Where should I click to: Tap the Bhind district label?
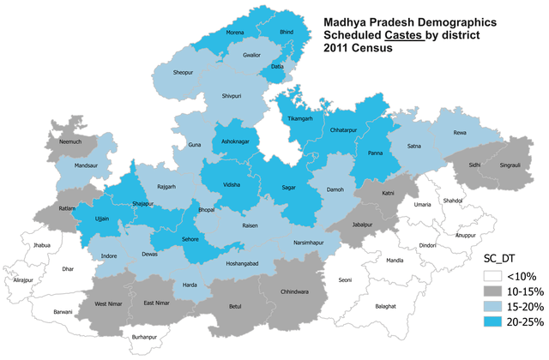[x=288, y=30]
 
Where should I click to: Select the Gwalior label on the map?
[x=250, y=54]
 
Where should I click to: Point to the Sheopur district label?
[x=184, y=73]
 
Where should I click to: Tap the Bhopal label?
[x=207, y=210]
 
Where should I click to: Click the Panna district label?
[x=375, y=153]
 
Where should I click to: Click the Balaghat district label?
[x=387, y=306]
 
